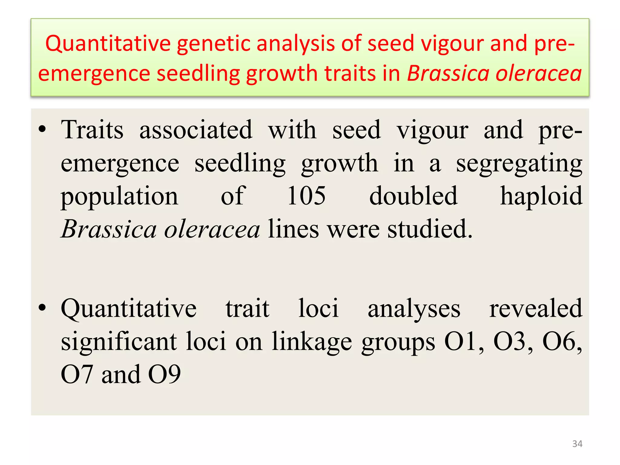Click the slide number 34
(577, 444)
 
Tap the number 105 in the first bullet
(306, 196)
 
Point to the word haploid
(541, 196)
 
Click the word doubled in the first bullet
(413, 196)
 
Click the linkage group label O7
(77, 375)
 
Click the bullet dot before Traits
(42, 130)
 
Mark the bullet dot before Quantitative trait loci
(42, 308)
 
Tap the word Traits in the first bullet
(92, 130)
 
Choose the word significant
(119, 341)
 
